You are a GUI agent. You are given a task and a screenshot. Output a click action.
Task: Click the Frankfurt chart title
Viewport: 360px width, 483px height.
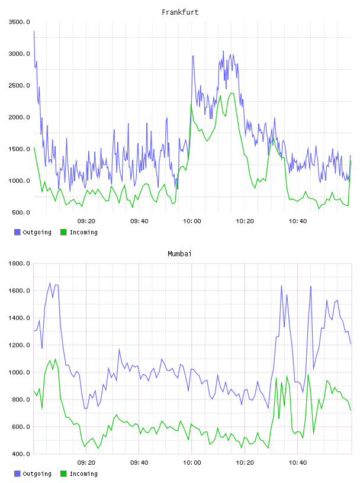pyautogui.click(x=180, y=12)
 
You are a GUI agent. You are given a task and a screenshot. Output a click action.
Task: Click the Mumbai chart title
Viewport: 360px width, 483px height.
pyautogui.click(x=179, y=254)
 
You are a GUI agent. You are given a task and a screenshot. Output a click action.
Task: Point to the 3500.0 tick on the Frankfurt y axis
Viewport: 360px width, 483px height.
pyautogui.click(x=20, y=22)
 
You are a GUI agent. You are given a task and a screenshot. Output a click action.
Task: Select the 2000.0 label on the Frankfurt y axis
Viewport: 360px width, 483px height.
pyautogui.click(x=20, y=117)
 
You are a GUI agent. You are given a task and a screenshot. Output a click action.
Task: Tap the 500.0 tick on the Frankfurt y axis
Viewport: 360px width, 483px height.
pyautogui.click(x=21, y=212)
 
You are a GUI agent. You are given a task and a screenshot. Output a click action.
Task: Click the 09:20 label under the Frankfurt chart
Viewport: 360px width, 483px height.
pyautogui.click(x=86, y=221)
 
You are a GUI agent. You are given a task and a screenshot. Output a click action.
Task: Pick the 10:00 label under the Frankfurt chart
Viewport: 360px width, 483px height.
pyautogui.click(x=192, y=221)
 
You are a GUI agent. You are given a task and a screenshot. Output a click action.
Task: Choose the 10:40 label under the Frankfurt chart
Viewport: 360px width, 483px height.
pyautogui.click(x=298, y=221)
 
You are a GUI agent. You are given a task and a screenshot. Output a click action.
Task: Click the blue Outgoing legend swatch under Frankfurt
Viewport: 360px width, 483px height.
pyautogui.click(x=17, y=232)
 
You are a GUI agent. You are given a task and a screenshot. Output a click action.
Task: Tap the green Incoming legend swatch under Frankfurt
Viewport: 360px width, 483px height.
pyautogui.click(x=63, y=232)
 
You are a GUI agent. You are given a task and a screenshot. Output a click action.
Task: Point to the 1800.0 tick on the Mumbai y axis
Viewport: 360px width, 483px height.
pyautogui.click(x=20, y=263)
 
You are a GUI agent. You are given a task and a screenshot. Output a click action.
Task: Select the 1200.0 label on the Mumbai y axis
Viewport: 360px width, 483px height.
pyautogui.click(x=20, y=345)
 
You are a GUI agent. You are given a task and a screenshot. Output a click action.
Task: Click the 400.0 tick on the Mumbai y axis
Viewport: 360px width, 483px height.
pyautogui.click(x=21, y=454)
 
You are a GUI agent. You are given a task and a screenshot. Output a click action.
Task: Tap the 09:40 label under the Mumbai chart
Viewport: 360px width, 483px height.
pyautogui.click(x=139, y=463)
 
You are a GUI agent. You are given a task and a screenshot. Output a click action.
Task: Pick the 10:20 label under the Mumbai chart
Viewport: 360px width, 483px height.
pyautogui.click(x=245, y=463)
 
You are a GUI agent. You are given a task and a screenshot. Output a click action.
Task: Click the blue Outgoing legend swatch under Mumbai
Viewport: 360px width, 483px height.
pyautogui.click(x=17, y=474)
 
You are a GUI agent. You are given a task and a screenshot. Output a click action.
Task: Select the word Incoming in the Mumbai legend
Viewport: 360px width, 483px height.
pyautogui.click(x=83, y=474)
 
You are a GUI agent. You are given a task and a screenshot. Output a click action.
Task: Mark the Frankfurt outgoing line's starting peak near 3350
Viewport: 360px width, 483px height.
pyautogui.click(x=34, y=31)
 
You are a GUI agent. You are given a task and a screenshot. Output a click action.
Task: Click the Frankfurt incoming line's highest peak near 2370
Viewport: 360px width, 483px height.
pyautogui.click(x=232, y=93)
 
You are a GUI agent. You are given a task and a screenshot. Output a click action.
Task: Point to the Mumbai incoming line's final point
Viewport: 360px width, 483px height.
pyautogui.click(x=351, y=410)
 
